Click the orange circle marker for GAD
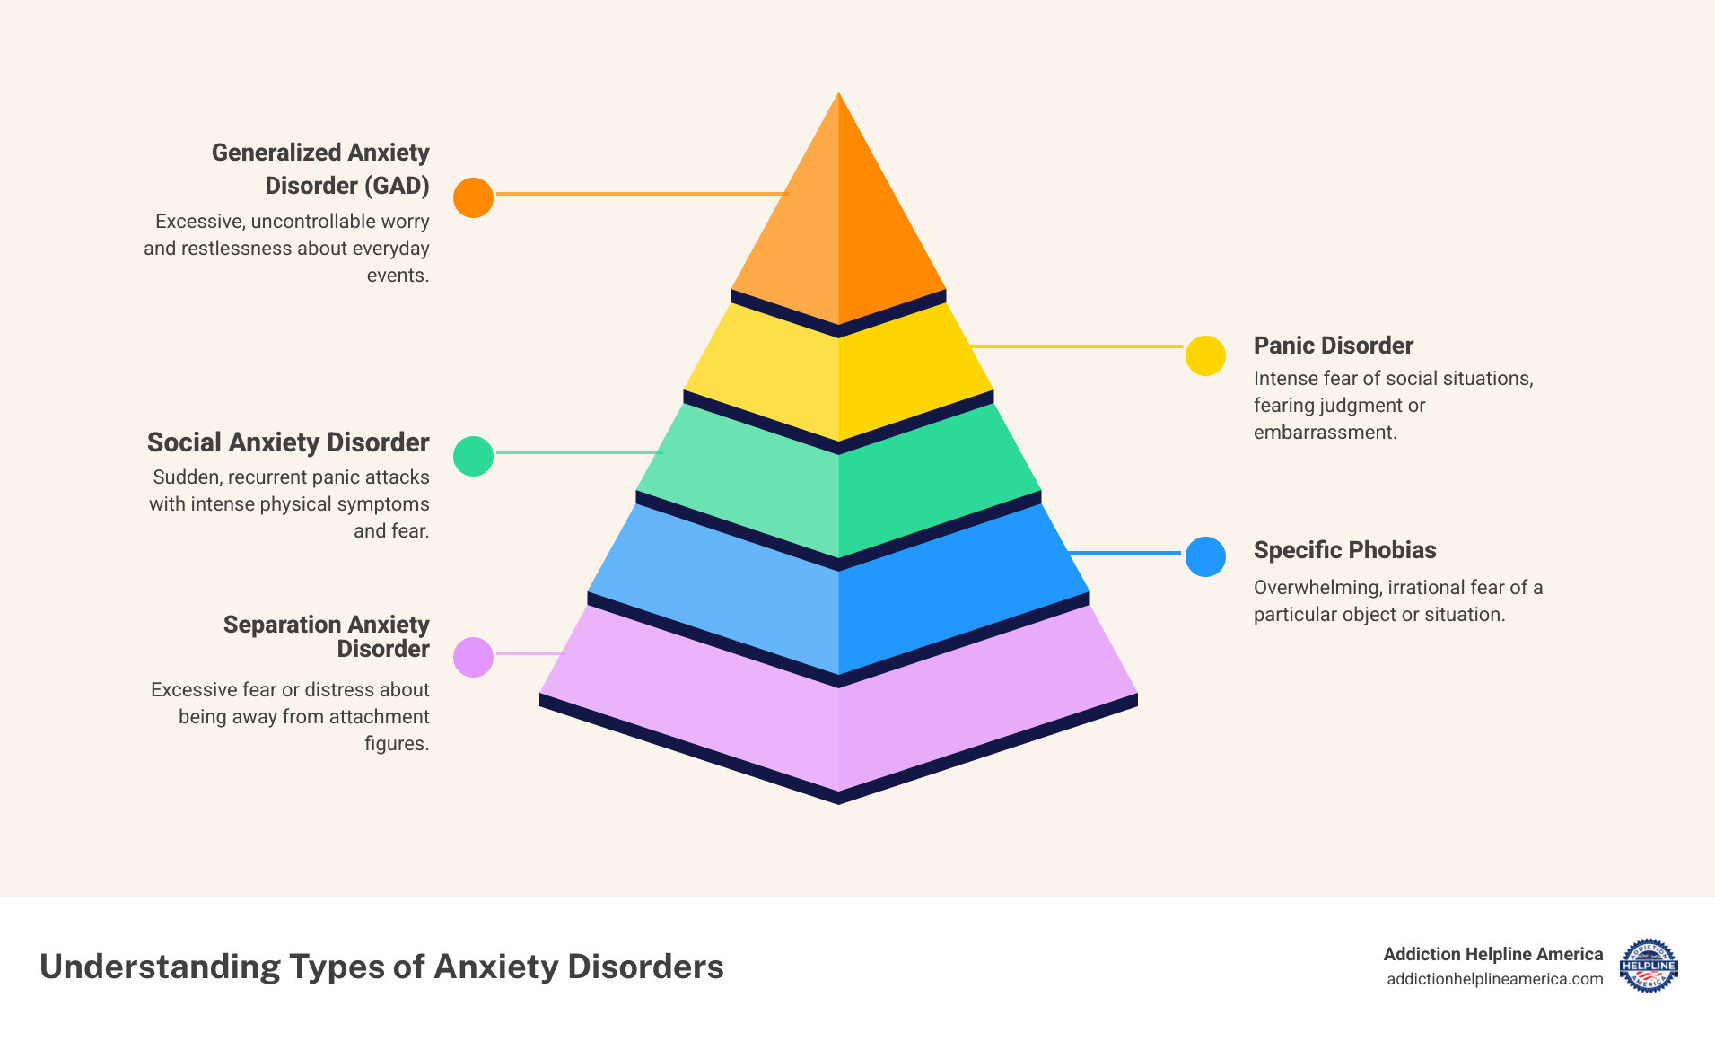pos(473,197)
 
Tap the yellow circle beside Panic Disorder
pos(1205,355)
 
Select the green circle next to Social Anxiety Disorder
pos(473,456)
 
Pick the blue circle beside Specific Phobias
pos(1205,556)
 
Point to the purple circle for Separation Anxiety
pos(473,657)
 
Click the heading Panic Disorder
pos(1333,346)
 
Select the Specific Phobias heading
pos(1344,550)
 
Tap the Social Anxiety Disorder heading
pos(288,442)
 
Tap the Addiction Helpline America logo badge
pos(1649,967)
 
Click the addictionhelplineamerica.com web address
pos(1494,979)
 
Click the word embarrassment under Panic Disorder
pos(1325,433)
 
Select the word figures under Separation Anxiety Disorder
pos(396,744)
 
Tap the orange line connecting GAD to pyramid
pos(642,194)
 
